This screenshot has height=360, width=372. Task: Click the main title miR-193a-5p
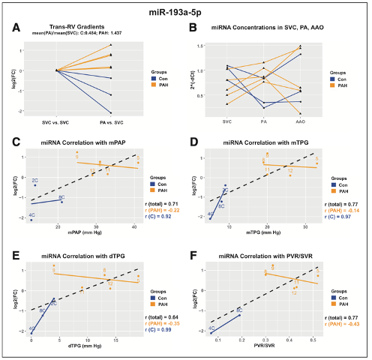[x=186, y=10]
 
